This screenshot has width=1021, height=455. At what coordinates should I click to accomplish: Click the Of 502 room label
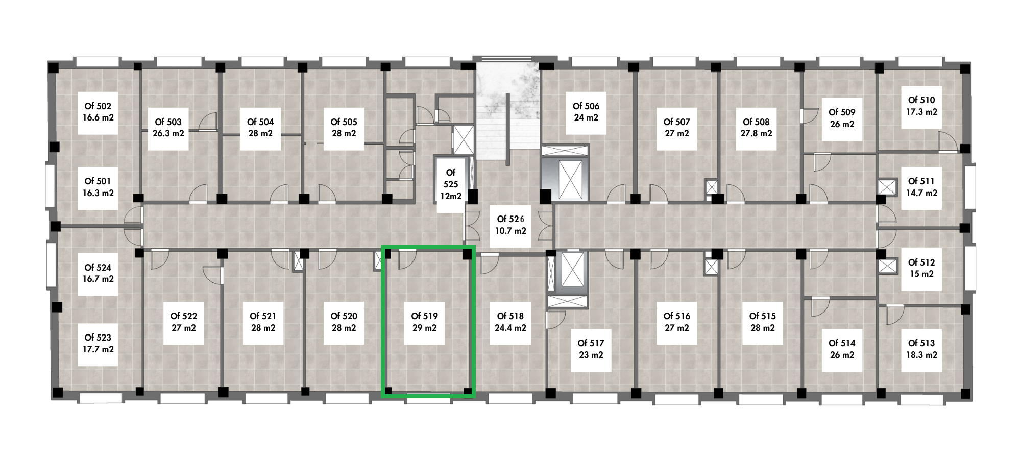(98, 112)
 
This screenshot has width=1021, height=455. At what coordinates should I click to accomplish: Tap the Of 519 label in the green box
(424, 322)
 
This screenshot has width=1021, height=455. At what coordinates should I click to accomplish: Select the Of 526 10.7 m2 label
(510, 225)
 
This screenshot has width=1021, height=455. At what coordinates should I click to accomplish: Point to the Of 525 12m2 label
(450, 184)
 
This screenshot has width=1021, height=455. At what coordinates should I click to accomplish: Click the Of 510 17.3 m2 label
(922, 106)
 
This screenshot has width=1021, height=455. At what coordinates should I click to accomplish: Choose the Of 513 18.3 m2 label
(922, 349)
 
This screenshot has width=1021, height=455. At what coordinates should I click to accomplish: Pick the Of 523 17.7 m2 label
(98, 344)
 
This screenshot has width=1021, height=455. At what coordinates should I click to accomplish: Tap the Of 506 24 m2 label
(586, 112)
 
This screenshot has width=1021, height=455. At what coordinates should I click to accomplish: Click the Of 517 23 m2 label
(591, 349)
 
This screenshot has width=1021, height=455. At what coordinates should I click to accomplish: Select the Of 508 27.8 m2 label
(756, 128)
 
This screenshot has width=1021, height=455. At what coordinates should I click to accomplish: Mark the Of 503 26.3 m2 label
(168, 128)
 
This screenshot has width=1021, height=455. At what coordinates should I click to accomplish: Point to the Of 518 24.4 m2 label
(510, 322)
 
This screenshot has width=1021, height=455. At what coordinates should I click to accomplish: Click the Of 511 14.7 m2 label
(921, 187)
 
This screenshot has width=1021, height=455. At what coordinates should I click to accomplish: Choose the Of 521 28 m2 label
(263, 322)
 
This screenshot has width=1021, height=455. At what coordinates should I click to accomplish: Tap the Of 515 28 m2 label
(763, 322)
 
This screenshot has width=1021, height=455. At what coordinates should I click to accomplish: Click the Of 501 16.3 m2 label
(98, 187)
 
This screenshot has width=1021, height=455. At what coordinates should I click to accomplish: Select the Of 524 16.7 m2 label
(98, 274)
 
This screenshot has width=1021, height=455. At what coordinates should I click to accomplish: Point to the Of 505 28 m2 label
(344, 128)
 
